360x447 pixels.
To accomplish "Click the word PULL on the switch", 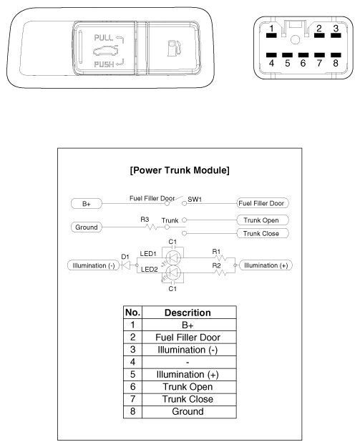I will (104, 35).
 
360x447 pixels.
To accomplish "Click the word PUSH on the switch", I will (104, 67).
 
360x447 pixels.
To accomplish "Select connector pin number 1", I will (271, 31).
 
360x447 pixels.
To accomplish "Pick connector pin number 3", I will (334, 31).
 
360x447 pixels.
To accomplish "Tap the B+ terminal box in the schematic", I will (86, 204).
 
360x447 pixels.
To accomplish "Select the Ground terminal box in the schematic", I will (86, 227).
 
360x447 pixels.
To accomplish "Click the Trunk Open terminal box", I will (261, 220).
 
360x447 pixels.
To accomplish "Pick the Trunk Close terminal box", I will (261, 234).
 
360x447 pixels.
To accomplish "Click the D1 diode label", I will (125, 255).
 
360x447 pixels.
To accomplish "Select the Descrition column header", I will (188, 313).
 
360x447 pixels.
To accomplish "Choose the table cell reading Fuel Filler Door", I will (188, 337).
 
